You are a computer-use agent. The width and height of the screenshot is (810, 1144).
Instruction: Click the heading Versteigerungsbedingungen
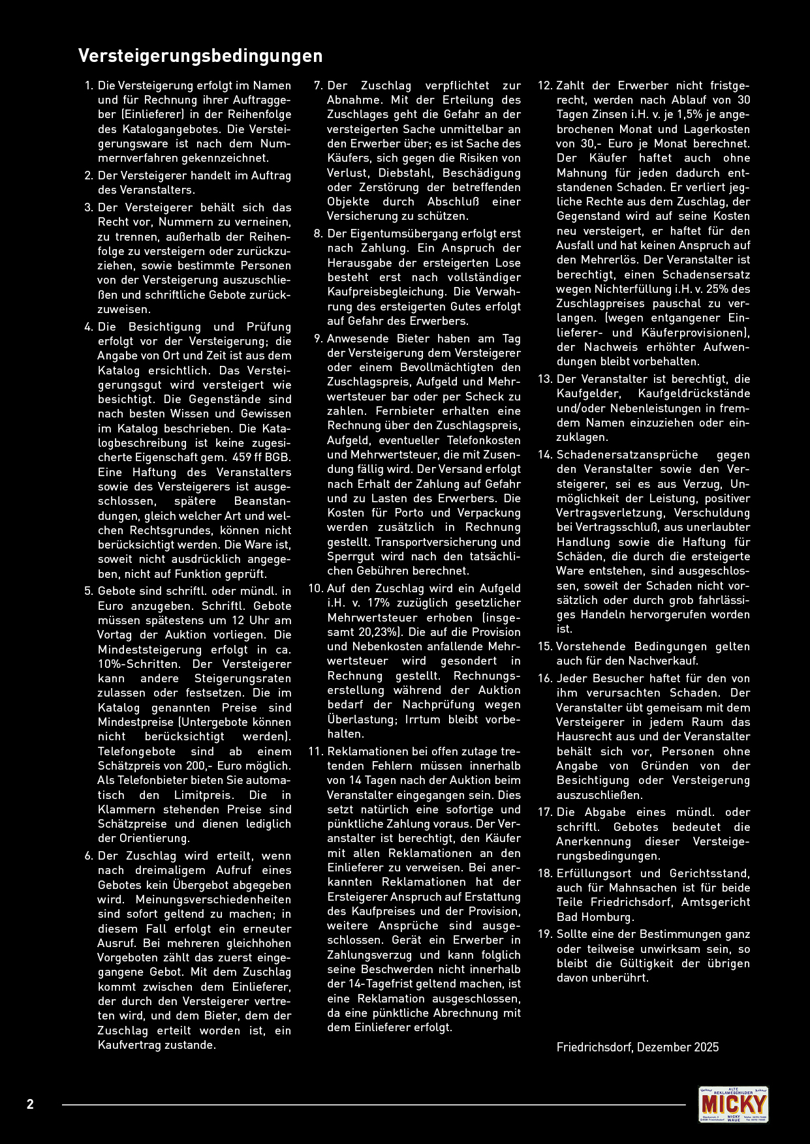200,56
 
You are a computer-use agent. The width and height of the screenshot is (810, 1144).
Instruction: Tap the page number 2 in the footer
30,1104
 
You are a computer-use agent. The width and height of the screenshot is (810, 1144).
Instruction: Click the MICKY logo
733,1104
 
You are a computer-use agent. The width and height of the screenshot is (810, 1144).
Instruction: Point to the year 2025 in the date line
706,1047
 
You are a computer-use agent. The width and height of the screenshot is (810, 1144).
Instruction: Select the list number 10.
316,588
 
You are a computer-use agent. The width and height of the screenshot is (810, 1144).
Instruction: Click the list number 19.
545,934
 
